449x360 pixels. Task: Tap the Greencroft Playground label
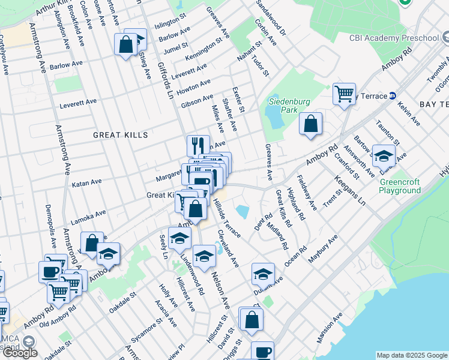[400, 186]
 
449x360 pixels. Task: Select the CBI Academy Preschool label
[394, 38]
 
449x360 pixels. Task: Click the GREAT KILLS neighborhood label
[120, 135]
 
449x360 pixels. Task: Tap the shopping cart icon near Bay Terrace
[344, 93]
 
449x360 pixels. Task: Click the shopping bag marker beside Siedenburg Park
[310, 124]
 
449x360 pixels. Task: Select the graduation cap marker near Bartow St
[384, 155]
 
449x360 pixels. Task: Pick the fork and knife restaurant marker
[198, 145]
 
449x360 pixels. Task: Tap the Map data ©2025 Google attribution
[411, 355]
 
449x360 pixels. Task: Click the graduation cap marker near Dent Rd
[262, 273]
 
